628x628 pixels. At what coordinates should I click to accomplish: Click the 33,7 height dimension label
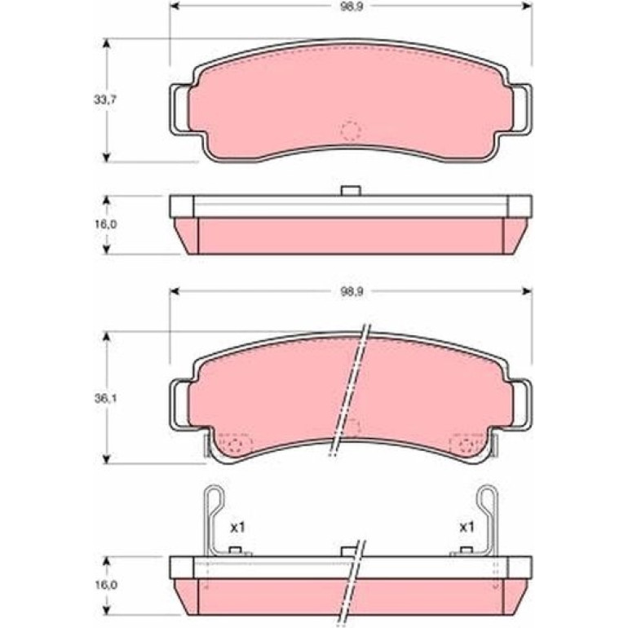coord(105,100)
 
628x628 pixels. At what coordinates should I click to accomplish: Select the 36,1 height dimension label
coord(105,399)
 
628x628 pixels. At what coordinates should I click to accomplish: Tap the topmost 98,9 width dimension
coord(352,7)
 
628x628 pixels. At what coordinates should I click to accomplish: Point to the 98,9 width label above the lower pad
coord(352,292)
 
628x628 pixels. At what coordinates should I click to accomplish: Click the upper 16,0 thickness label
coord(105,224)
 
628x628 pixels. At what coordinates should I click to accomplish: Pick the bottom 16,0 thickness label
coord(105,585)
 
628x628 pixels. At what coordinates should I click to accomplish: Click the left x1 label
coord(237,528)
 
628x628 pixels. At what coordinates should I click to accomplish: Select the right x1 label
coord(467,527)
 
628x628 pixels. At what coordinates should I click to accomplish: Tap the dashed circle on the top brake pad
coord(351,130)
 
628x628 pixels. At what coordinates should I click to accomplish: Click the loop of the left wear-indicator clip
coord(214,498)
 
